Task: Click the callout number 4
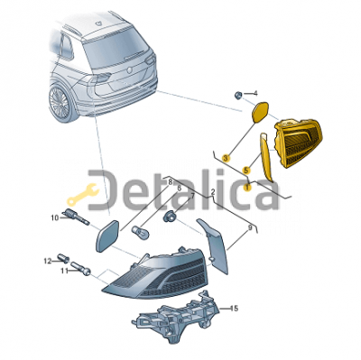[255, 94]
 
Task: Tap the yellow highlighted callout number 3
[226, 157]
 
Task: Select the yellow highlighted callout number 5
[246, 171]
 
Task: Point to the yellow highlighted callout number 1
[247, 188]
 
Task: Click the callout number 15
[234, 309]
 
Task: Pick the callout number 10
[55, 217]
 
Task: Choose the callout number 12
[48, 261]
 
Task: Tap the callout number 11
[64, 271]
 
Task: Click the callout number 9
[250, 227]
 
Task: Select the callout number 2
[213, 191]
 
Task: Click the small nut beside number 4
[237, 96]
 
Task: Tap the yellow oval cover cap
[260, 113]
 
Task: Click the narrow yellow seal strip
[266, 156]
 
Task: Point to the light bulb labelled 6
[140, 231]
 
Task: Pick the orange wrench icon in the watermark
[83, 193]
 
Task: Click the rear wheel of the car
[61, 104]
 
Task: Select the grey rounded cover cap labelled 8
[107, 235]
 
